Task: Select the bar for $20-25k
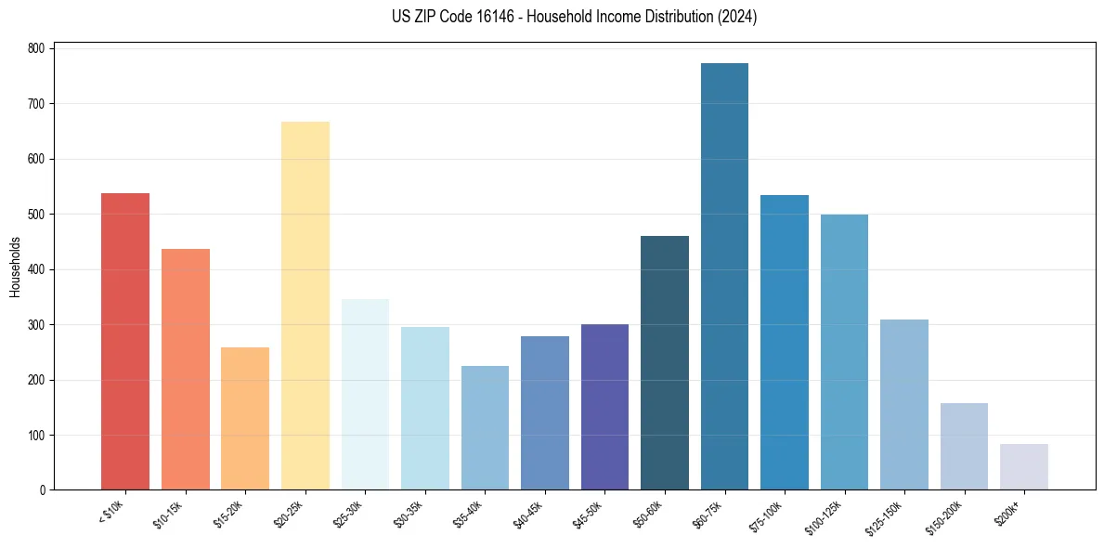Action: (x=305, y=306)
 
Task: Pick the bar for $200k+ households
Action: (x=1024, y=466)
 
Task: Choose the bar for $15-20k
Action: (x=245, y=418)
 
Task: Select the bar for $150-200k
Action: (x=964, y=446)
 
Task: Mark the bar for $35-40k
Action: (x=485, y=427)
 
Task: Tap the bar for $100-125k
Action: (x=844, y=352)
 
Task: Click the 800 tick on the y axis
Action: (x=38, y=48)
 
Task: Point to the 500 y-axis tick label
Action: (x=38, y=215)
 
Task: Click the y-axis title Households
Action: (x=15, y=267)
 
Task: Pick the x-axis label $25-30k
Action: (x=348, y=513)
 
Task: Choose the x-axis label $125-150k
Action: (x=886, y=515)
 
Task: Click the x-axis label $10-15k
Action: (x=168, y=513)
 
